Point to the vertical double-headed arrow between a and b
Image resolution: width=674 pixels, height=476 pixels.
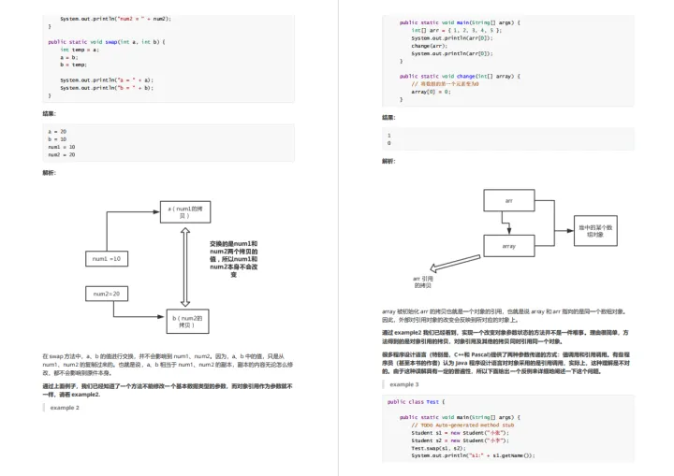click(186, 267)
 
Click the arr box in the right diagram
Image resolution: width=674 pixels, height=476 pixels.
click(508, 201)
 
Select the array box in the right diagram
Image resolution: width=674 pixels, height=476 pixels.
click(508, 246)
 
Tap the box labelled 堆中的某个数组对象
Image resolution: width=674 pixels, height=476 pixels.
click(595, 229)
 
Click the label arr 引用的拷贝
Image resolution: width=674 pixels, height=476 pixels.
click(423, 281)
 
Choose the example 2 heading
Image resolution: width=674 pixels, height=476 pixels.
click(65, 408)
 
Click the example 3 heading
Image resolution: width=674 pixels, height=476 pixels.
click(404, 384)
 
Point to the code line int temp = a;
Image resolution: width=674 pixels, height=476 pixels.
click(80, 50)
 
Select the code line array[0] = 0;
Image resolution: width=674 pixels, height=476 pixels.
click(432, 91)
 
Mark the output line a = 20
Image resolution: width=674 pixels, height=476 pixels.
click(57, 132)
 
